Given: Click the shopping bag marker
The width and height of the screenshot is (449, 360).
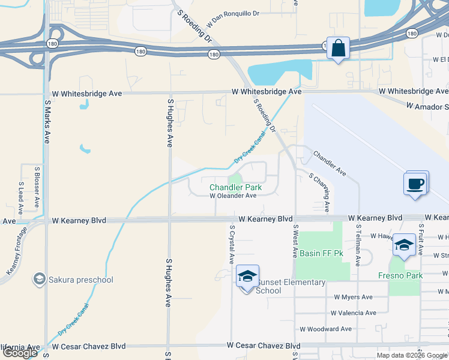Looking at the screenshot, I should tap(338, 48).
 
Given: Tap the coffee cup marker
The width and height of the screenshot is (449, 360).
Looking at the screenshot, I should tap(416, 184).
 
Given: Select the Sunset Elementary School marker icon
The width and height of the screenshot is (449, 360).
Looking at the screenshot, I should tap(247, 277).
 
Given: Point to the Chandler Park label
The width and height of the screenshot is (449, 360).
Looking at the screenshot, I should tap(235, 187).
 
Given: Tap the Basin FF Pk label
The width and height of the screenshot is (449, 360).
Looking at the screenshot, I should tap(321, 253).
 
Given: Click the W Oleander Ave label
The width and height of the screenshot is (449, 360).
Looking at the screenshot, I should tap(233, 196).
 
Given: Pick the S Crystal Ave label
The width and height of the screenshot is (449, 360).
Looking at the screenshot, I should tap(232, 245).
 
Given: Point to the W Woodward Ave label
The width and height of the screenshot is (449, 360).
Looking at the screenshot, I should tap(325, 329).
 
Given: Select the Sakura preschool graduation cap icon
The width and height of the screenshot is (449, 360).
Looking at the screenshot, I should tap(40, 279).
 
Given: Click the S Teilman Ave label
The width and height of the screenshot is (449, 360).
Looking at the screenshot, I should tap(358, 245).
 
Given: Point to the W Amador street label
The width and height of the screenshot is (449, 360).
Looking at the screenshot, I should tap(427, 107).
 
